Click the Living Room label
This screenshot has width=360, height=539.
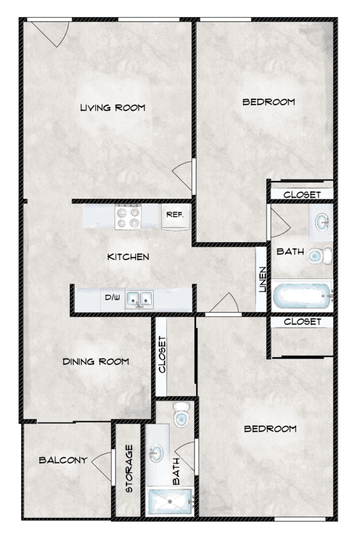click(112, 108)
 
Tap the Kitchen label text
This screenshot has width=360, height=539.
click(128, 257)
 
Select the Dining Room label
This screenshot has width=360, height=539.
click(96, 361)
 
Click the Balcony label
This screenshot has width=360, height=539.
click(63, 460)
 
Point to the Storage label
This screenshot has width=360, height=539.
click(129, 469)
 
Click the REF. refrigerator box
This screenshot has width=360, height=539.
click(175, 214)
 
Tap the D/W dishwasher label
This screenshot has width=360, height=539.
click(110, 298)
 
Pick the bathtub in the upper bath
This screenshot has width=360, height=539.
click(302, 297)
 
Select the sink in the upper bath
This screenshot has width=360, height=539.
click(321, 219)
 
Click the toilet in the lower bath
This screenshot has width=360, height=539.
click(181, 415)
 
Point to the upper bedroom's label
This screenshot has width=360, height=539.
click(269, 102)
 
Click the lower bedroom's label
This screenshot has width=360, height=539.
click(270, 429)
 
